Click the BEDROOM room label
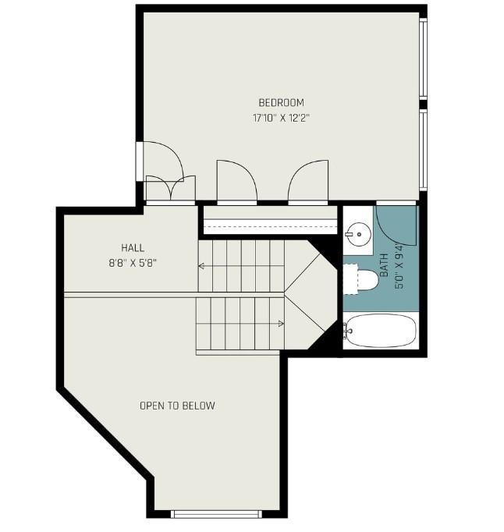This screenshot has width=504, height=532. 281,102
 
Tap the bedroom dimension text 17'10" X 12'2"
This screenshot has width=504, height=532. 282,118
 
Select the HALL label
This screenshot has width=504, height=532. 133,248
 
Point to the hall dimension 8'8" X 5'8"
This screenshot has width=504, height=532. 133,263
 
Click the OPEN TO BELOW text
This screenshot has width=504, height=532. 177,406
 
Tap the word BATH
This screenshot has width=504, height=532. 384,264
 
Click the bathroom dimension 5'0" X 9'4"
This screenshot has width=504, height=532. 399,265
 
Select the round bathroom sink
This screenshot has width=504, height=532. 358,234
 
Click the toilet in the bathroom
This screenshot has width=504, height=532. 360,279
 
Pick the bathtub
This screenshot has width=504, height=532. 380,331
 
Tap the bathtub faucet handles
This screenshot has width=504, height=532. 348,331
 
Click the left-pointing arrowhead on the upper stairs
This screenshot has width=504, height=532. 201,266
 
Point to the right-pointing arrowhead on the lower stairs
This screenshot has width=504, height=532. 281,324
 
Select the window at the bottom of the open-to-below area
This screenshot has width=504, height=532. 216,514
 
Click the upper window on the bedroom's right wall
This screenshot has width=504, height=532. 423,59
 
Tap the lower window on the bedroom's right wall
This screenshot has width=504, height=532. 423,150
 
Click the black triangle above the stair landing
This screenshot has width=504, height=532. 326,250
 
